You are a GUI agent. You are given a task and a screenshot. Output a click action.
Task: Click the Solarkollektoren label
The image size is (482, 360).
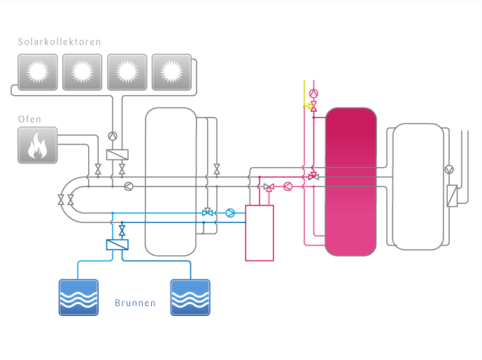coord(59,42)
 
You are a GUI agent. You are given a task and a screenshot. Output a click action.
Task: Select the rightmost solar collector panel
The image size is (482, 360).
coord(171,71)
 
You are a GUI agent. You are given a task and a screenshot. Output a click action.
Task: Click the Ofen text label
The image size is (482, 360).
coord(29,120)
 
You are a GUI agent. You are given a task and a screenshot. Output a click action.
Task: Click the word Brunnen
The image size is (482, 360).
coord(135,304)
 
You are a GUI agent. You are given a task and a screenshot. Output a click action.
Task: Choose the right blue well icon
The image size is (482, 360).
coord(190,297)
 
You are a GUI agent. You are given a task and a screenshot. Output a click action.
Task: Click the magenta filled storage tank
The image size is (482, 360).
coord(351,181)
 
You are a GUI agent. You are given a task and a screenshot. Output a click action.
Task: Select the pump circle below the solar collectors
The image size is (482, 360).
coord(113,136)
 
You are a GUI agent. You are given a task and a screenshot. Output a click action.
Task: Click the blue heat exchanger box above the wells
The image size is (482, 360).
coord(117,245)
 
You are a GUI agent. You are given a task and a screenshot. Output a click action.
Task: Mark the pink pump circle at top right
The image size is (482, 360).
coord(313,92)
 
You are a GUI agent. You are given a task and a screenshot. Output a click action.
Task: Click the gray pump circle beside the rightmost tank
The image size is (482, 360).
coord(449,169)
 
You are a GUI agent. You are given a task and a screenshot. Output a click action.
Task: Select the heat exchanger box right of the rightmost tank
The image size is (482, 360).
coord(452,195)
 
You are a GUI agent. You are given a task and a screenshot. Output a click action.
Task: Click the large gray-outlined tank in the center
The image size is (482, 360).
coord(170,181)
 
